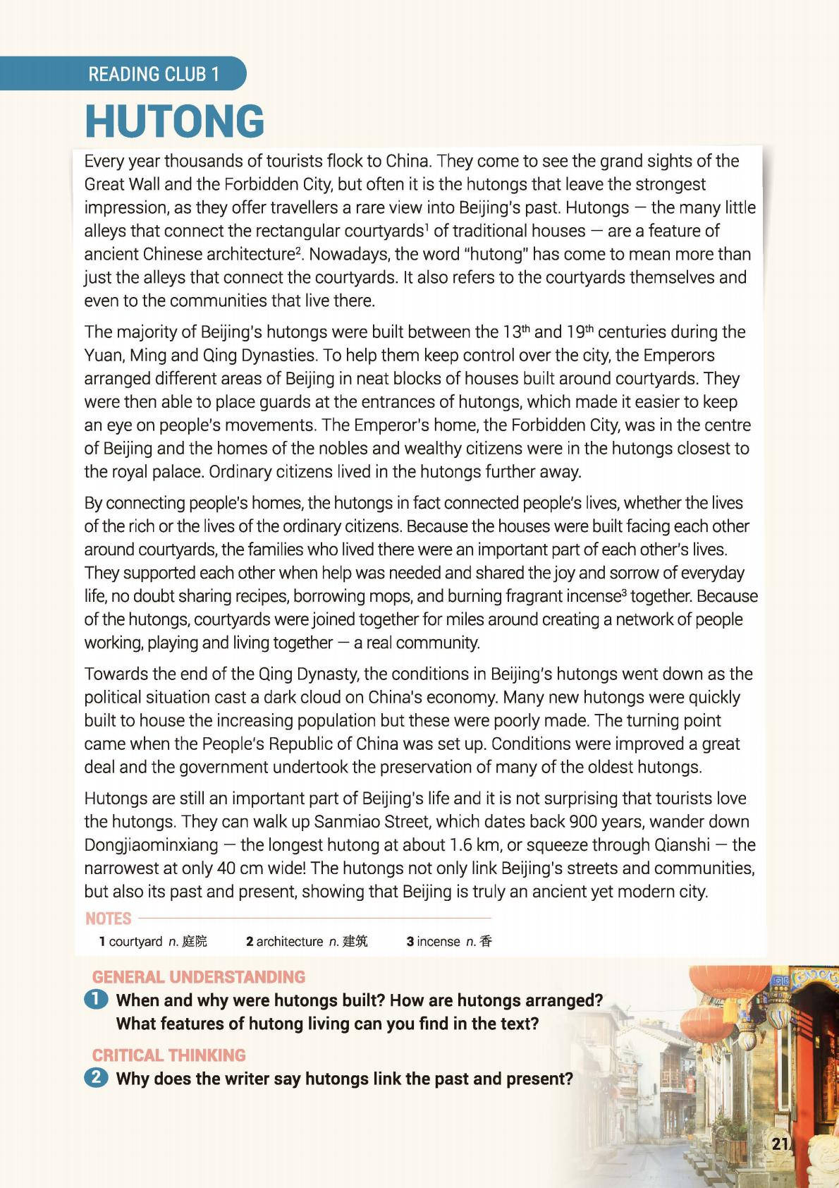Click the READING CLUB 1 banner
[154, 74]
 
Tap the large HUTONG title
[175, 121]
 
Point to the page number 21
[780, 1144]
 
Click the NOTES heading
[108, 919]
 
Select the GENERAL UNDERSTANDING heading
[198, 977]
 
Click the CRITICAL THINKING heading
[169, 1055]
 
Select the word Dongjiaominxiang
[148, 845]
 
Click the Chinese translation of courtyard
[195, 941]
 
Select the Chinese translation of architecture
[355, 941]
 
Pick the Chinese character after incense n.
[485, 941]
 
